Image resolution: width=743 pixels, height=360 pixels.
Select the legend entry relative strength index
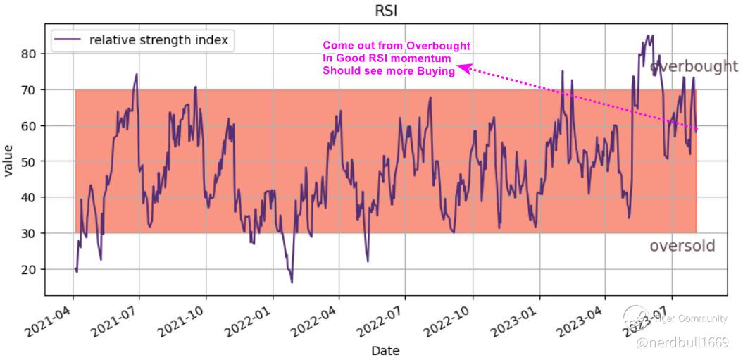point(158,40)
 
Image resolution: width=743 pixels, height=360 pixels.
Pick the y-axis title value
point(9,161)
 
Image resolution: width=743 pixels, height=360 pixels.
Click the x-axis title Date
point(385,350)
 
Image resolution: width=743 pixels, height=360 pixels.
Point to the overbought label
point(694,67)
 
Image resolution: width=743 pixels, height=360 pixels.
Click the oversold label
point(682,246)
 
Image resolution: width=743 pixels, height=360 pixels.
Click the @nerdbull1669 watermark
point(682,342)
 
